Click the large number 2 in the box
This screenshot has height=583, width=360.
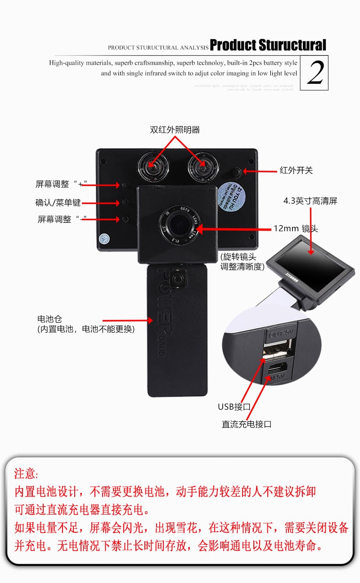[x=315, y=73]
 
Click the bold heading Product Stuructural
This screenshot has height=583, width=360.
[x=268, y=45]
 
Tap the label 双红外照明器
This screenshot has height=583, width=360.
[x=175, y=130]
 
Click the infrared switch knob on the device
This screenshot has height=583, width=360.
[x=236, y=172]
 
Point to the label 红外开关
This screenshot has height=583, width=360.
[x=296, y=171]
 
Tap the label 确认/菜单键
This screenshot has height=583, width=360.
[x=58, y=203]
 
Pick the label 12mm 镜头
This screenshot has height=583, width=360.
[x=296, y=229]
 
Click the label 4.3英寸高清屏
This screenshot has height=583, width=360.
[x=310, y=201]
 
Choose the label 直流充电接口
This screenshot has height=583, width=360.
[x=247, y=424]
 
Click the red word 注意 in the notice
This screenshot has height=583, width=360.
[x=26, y=474]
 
